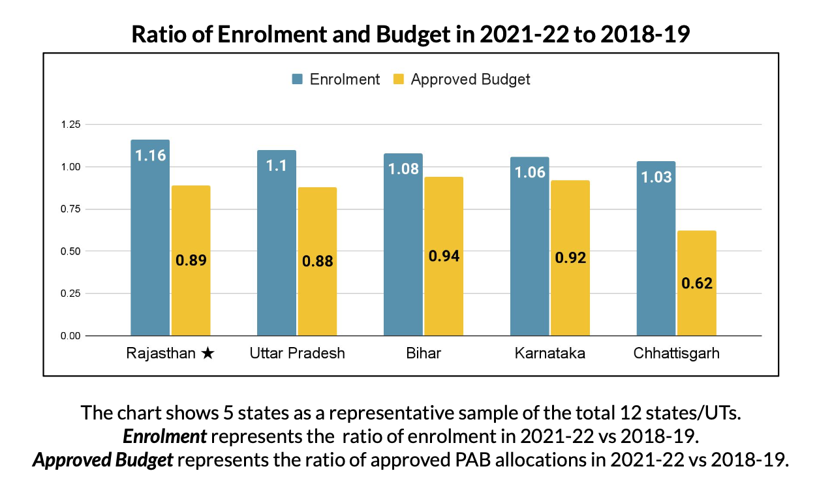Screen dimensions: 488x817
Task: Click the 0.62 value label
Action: pyautogui.click(x=697, y=284)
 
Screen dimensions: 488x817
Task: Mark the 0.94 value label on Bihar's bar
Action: pyautogui.click(x=444, y=256)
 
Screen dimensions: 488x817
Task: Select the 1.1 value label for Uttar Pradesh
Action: pyautogui.click(x=277, y=166)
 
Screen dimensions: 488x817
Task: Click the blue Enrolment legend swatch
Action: pyautogui.click(x=298, y=80)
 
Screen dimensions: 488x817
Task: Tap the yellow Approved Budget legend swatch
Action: pyautogui.click(x=399, y=80)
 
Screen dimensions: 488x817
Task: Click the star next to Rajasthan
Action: pyautogui.click(x=208, y=354)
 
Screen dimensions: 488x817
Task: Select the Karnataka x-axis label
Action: pyautogui.click(x=549, y=354)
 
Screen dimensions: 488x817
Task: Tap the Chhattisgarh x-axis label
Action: pyautogui.click(x=676, y=354)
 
